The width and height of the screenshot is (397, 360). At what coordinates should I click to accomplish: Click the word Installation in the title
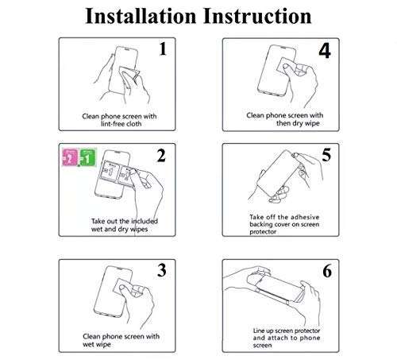tap(141, 16)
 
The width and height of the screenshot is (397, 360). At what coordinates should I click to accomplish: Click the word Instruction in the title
tap(257, 16)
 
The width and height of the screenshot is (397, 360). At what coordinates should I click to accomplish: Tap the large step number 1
tap(163, 49)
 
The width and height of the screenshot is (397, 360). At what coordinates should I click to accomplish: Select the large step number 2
tap(161, 156)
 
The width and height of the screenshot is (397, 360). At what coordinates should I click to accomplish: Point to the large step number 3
tap(162, 270)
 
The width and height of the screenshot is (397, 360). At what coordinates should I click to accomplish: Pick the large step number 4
tap(325, 51)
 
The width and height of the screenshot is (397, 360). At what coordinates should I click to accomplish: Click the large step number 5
tap(326, 155)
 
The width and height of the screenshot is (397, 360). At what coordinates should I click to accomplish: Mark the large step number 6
tap(327, 271)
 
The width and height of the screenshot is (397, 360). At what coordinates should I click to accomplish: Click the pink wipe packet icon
tap(70, 157)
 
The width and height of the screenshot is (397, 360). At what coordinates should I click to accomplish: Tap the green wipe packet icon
tap(87, 157)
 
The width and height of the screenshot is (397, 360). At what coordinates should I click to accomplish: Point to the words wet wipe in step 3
tap(97, 344)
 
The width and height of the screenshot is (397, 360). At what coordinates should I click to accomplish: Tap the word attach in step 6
tap(278, 338)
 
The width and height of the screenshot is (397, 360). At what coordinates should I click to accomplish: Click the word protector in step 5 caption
tap(263, 232)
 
